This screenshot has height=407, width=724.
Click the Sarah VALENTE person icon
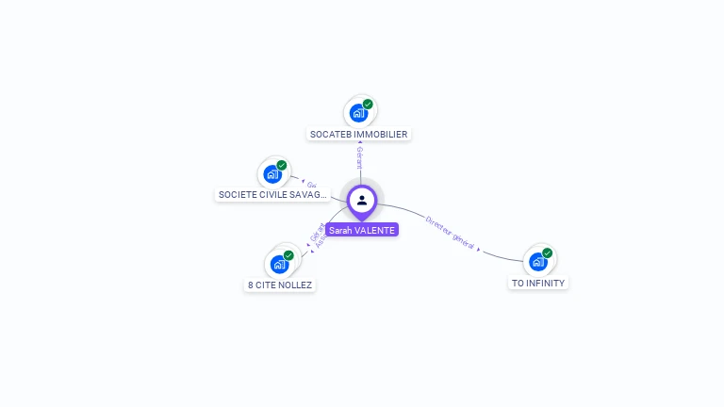point(362,200)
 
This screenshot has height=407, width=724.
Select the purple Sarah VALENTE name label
point(362,230)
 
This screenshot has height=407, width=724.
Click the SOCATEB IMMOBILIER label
point(358,135)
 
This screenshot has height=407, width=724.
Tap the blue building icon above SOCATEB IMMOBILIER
point(357,113)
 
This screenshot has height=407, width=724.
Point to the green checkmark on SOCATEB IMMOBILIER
point(368,104)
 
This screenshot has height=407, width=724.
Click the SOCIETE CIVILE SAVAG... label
point(272,195)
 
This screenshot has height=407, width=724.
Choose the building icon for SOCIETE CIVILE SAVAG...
point(271,174)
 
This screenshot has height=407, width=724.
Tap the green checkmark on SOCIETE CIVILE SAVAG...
point(282,165)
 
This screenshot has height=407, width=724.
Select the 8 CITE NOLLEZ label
point(279,285)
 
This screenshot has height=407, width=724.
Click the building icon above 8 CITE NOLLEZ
point(279,264)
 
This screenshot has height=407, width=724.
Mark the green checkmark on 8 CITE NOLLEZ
point(288,254)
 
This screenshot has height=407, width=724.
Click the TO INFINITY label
point(539,283)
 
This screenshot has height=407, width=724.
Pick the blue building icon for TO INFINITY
point(537,261)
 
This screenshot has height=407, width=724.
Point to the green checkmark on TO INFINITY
point(548,252)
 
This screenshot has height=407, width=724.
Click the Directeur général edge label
point(450,233)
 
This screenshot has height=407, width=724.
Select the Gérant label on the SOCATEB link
point(359,159)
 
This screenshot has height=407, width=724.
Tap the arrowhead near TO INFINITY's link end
point(479,250)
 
